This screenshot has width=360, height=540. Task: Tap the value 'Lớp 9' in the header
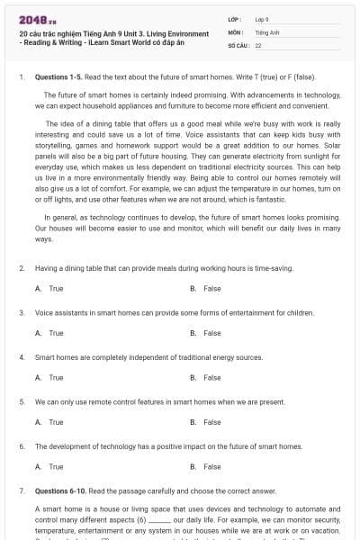pyautogui.click(x=262, y=18)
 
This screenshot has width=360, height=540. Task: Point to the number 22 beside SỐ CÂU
pyautogui.click(x=258, y=44)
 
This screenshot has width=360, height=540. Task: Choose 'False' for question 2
pyautogui.click(x=211, y=289)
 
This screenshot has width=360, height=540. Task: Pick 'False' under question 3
pyautogui.click(x=211, y=333)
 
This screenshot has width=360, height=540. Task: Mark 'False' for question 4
pyautogui.click(x=211, y=378)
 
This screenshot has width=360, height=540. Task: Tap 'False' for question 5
pyautogui.click(x=211, y=422)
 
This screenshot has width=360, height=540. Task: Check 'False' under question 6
pyautogui.click(x=211, y=467)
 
